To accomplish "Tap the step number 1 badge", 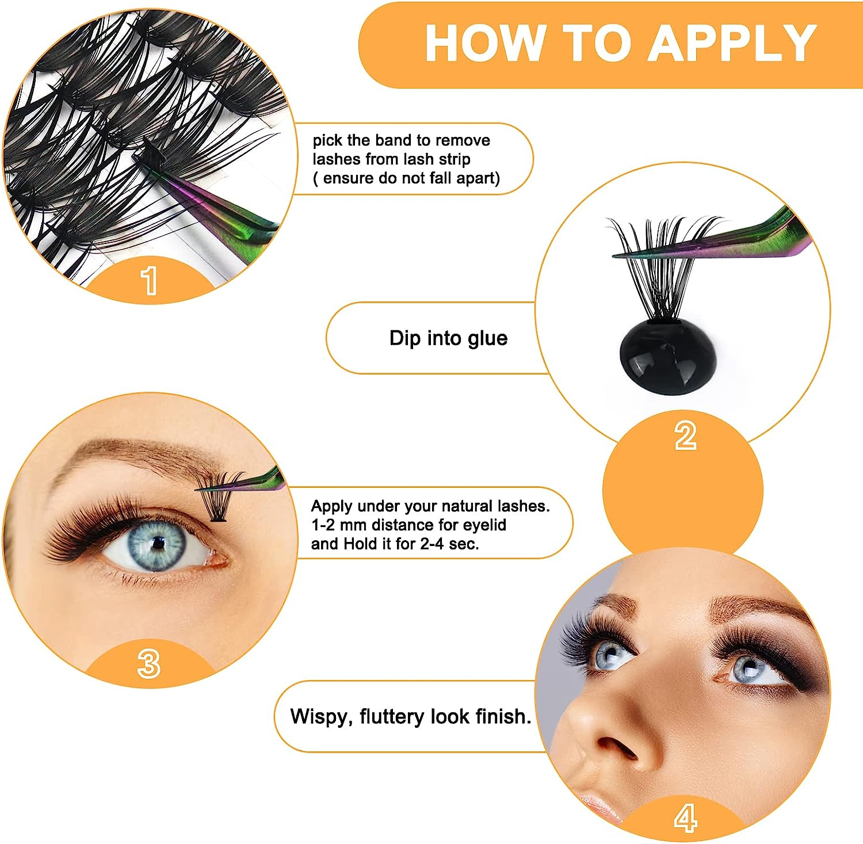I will click(150, 281).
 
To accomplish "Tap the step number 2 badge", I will click(685, 436).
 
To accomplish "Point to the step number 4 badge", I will click(685, 818).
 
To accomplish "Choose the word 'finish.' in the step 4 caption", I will click(503, 717).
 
